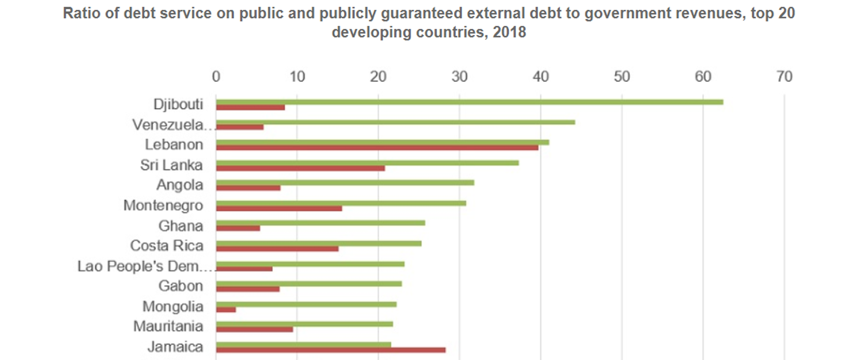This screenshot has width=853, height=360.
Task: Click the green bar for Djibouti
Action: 469,102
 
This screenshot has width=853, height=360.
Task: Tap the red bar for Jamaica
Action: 331,350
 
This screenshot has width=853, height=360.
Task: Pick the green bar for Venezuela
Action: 395,122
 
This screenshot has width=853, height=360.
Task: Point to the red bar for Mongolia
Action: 226,310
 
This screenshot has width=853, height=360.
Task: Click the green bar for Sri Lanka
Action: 367,163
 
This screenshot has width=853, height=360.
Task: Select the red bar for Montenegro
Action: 279,208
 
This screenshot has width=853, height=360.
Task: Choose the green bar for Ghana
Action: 320,223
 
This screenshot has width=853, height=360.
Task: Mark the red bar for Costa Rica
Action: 277,249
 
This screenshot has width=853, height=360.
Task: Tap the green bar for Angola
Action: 345,183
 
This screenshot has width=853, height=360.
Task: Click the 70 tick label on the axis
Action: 784,77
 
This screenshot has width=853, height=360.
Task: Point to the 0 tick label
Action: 216,77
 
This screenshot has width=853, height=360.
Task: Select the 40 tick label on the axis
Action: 541,77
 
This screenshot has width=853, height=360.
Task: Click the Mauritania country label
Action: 168,326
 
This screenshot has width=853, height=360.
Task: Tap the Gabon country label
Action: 181,286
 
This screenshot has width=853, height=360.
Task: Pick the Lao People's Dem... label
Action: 144,266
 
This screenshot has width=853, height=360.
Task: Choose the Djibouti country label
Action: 178,104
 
